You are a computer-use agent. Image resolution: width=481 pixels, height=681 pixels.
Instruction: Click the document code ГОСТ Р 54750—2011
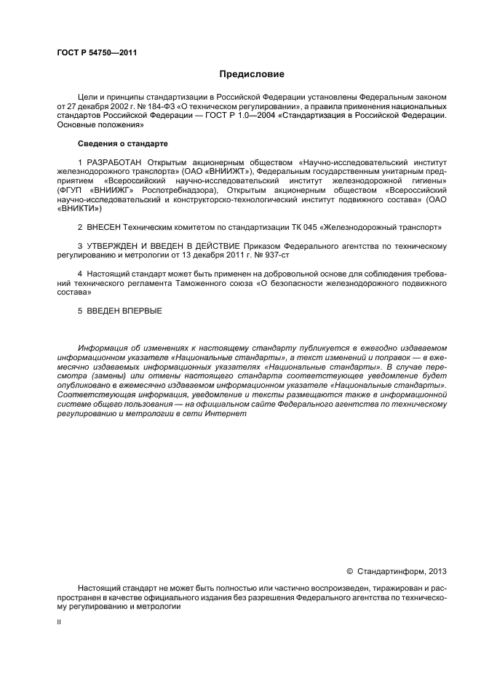point(97,54)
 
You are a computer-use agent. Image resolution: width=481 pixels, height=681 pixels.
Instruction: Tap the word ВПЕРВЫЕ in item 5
point(139,311)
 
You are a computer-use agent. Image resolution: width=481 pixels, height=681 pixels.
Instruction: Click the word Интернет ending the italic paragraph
point(250,414)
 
